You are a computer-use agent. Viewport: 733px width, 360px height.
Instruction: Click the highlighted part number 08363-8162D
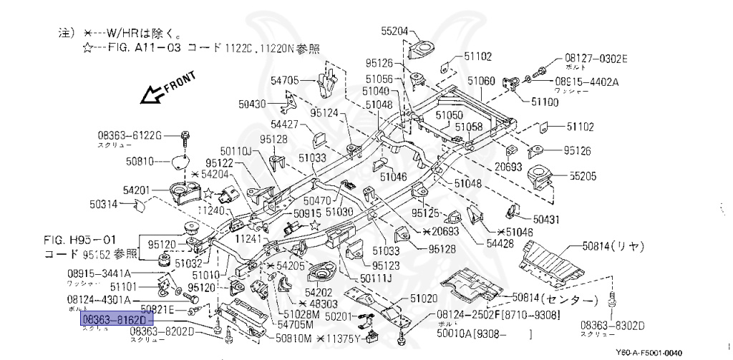pos(112,319)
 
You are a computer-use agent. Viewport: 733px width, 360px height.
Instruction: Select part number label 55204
pos(394,31)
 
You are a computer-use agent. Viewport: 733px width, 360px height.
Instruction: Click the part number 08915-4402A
pos(586,82)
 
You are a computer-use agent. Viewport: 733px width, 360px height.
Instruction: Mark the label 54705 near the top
pos(284,79)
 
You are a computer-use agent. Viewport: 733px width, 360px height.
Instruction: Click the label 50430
pos(253,104)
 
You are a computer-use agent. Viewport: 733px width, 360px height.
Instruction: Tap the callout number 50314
pos(105,204)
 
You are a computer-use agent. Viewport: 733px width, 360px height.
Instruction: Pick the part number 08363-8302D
pos(613,326)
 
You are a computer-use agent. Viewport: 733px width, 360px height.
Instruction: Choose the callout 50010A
pos(457,334)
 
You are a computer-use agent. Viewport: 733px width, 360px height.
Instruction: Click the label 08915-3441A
pos(99,273)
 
